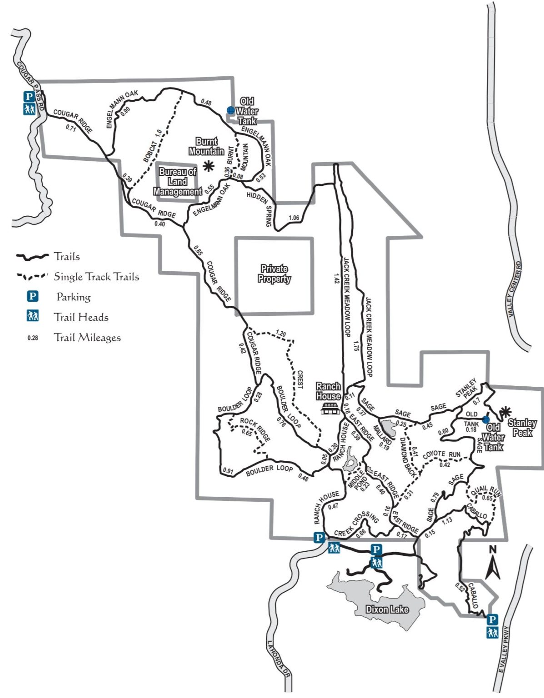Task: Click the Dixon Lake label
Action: (x=387, y=609)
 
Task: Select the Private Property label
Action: (x=274, y=274)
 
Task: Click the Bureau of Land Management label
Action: (x=177, y=182)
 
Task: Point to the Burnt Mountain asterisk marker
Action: (x=209, y=166)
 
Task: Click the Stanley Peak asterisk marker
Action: (x=504, y=412)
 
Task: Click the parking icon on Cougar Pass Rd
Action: (x=29, y=96)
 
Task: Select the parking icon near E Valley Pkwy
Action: (x=492, y=619)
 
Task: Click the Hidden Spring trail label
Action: (x=261, y=207)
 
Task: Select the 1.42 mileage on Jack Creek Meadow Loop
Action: (x=336, y=278)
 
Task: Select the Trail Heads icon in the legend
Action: (x=32, y=317)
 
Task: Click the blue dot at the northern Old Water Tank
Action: (x=230, y=110)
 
